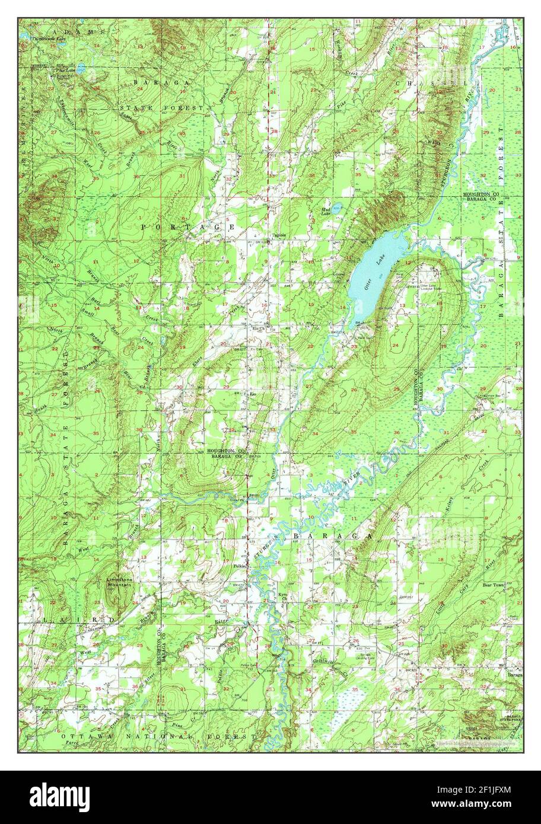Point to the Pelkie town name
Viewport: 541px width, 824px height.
click(x=240, y=566)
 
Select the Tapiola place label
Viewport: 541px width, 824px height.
click(x=279, y=234)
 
